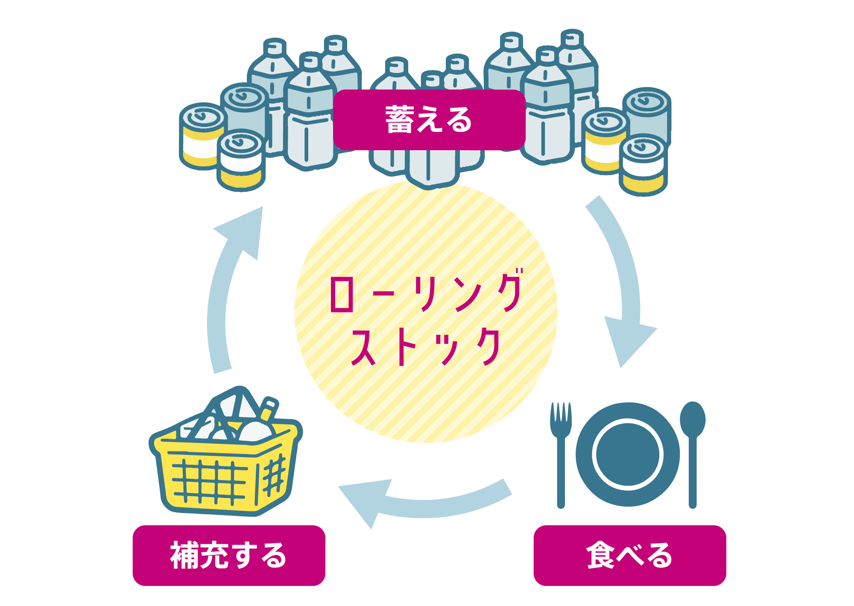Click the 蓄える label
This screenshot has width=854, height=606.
(429, 120)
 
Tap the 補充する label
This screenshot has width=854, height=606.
(229, 555)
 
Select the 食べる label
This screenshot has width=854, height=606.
(629, 555)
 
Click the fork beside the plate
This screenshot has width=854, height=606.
(561, 452)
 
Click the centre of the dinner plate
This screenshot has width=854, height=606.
(628, 454)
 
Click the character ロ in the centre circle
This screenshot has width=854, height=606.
(342, 294)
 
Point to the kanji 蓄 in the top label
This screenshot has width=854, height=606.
(399, 120)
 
